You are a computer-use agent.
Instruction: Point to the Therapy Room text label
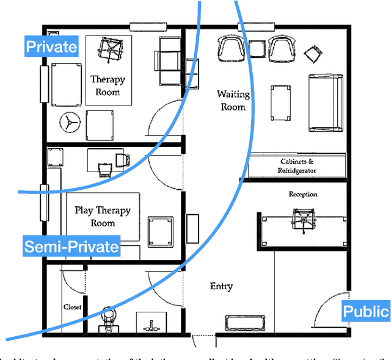108,86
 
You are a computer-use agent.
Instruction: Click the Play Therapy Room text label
103,217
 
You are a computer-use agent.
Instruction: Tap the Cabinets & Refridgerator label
298,166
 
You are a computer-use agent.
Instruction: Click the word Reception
303,194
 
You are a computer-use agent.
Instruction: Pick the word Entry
221,286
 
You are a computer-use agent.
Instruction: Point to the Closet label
72,307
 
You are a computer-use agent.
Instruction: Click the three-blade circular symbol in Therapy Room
69,123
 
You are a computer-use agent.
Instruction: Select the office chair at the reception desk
302,218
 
